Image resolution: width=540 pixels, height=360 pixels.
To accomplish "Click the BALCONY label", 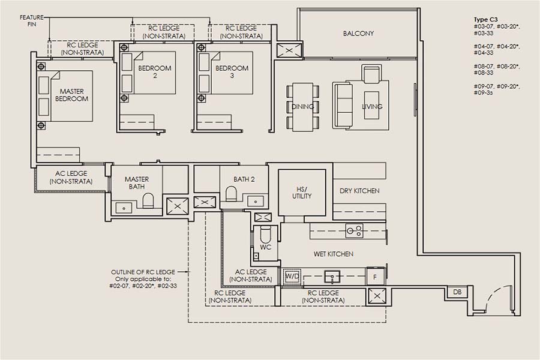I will pyautogui.click(x=358, y=34).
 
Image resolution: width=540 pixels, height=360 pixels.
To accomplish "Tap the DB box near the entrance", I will pyautogui.click(x=457, y=292).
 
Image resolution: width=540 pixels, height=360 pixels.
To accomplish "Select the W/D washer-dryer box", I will pyautogui.click(x=292, y=276).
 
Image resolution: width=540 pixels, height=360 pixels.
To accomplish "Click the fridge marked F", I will pyautogui.click(x=375, y=276).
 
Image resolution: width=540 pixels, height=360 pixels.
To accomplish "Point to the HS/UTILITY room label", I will pyautogui.click(x=302, y=192).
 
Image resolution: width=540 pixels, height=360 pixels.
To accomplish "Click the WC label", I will pyautogui.click(x=265, y=247).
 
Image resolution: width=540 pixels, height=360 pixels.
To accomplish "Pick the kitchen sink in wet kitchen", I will pyautogui.click(x=330, y=276).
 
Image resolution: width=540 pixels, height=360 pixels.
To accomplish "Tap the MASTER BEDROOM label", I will pyautogui.click(x=71, y=95).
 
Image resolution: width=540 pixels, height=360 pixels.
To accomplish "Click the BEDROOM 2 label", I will pyautogui.click(x=154, y=72).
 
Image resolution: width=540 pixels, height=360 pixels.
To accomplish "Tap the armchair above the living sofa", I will pyautogui.click(x=371, y=73).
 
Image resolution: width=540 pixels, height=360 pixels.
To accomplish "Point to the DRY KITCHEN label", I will pyautogui.click(x=359, y=191).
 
